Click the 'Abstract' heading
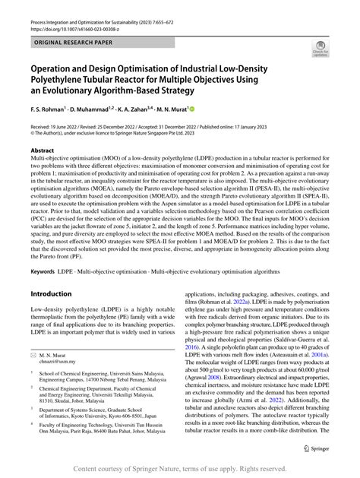43,151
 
